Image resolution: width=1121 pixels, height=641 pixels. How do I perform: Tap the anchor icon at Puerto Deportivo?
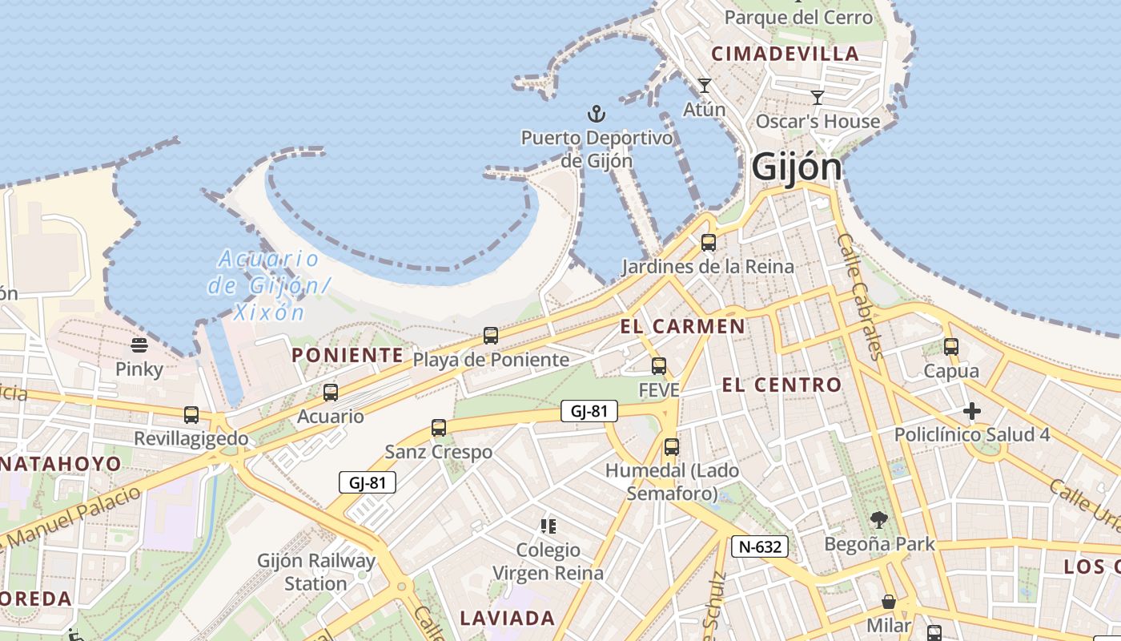tap(597, 113)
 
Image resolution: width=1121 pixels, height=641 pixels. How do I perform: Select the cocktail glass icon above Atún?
tap(705, 85)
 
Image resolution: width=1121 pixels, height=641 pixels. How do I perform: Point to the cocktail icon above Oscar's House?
tap(818, 98)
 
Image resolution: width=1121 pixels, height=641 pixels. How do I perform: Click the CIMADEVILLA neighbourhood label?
tap(785, 54)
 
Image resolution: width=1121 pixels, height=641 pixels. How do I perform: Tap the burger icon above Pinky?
tap(139, 345)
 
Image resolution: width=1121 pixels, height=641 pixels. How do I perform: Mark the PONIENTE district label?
tap(348, 355)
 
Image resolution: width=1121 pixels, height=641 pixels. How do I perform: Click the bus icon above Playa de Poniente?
tap(491, 336)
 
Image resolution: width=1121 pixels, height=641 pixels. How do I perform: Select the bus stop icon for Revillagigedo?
tap(191, 415)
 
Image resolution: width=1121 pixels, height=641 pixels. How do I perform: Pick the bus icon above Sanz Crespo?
tap(439, 428)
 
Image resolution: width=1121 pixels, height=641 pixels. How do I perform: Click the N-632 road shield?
tap(760, 547)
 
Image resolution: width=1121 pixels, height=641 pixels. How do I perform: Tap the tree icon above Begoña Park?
tap(879, 520)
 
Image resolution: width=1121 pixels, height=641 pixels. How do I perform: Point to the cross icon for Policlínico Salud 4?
tap(972, 412)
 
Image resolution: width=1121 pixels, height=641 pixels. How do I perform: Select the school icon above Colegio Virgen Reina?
tap(548, 526)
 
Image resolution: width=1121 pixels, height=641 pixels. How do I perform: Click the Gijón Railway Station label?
tap(315, 572)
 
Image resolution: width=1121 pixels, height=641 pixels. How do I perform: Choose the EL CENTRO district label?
tap(781, 385)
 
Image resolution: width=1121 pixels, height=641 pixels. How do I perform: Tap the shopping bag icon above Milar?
tap(889, 602)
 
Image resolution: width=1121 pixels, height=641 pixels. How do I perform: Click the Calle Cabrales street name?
tap(859, 296)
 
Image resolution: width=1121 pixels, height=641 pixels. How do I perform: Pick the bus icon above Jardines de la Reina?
tap(709, 243)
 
